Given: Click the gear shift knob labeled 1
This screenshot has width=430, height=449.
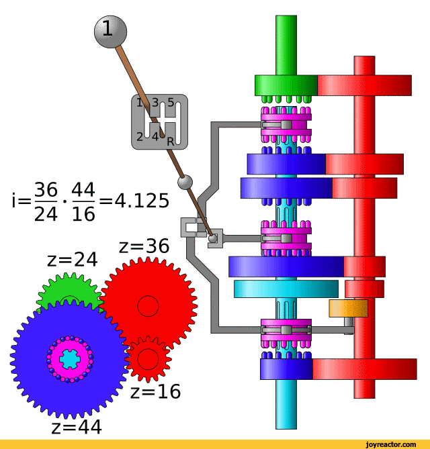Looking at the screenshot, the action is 110,32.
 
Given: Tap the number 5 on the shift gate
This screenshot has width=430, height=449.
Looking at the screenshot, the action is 171,102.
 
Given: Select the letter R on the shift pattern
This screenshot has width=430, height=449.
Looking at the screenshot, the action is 170,142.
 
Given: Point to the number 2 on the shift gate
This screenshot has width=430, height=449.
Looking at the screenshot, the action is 140,137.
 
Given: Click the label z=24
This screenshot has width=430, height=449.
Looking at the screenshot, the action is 73,260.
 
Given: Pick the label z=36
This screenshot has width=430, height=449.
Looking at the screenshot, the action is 144,246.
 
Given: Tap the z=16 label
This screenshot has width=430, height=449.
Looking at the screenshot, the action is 155,391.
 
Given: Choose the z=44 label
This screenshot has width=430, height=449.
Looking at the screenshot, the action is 77,427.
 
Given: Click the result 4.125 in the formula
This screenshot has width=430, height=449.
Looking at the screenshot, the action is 142,201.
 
